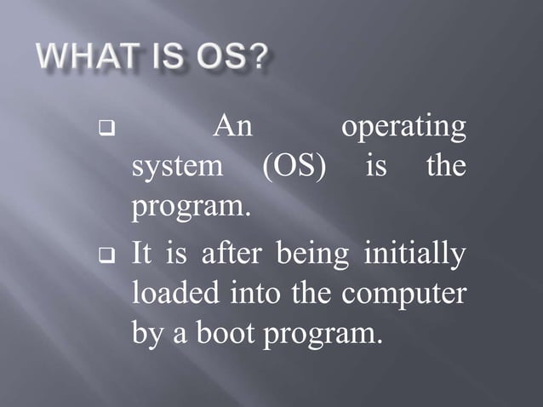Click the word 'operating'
(403, 130)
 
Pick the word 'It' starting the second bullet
(141, 254)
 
